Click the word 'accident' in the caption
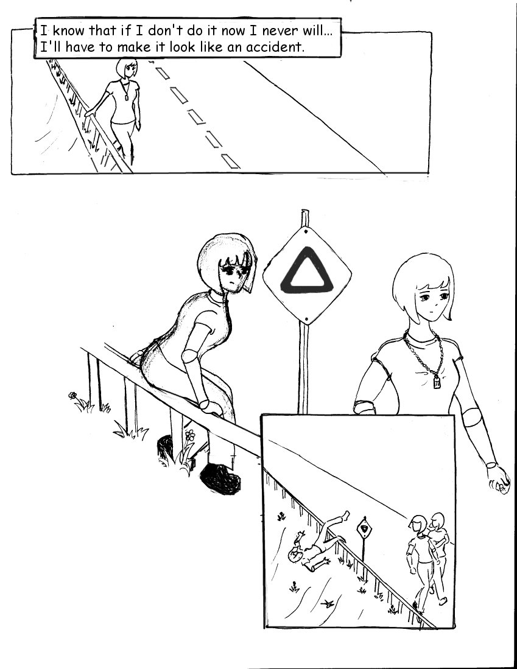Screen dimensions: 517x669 pyautogui.click(x=275, y=46)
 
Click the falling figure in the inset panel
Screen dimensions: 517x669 pyautogui.click(x=318, y=542)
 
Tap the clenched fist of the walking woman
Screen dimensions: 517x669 pyautogui.click(x=499, y=480)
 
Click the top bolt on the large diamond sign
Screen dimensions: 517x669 pyautogui.click(x=306, y=232)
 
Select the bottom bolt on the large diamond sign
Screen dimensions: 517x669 pyautogui.click(x=306, y=318)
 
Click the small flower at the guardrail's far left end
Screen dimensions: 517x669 pyautogui.click(x=72, y=395)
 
